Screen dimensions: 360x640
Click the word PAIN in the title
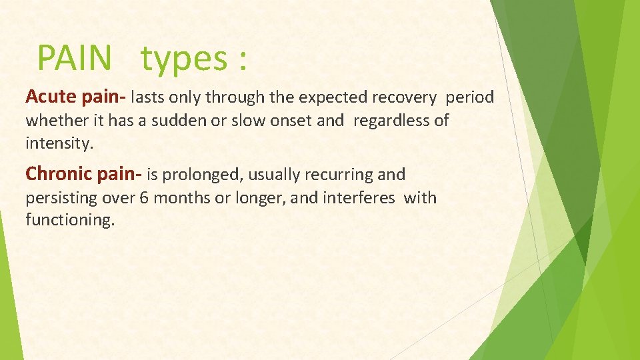pyautogui.click(x=74, y=57)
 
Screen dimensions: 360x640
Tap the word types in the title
pyautogui.click(x=184, y=59)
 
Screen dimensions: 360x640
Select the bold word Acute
pyautogui.click(x=51, y=97)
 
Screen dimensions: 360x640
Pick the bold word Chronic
pyautogui.click(x=59, y=175)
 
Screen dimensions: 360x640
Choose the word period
pyautogui.click(x=470, y=98)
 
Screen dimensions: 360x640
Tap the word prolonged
pyautogui.click(x=199, y=175)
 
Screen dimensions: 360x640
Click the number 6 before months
pyautogui.click(x=144, y=198)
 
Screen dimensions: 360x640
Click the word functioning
pyautogui.click(x=70, y=221)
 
